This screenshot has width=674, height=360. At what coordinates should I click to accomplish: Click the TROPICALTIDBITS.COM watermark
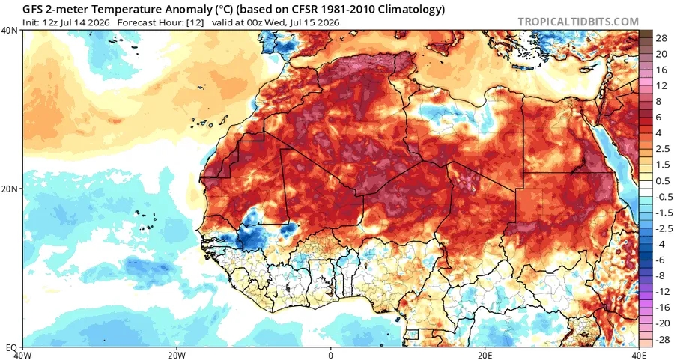pyautogui.click(x=578, y=22)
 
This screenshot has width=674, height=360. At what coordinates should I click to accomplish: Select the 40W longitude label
pyautogui.click(x=22, y=356)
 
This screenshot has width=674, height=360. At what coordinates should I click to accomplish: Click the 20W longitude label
pyautogui.click(x=177, y=356)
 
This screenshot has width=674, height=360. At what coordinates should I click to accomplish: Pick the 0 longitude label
pyautogui.click(x=330, y=356)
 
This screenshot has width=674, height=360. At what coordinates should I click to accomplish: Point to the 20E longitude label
pyautogui.click(x=485, y=356)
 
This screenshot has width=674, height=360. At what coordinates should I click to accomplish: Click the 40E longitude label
pyautogui.click(x=639, y=356)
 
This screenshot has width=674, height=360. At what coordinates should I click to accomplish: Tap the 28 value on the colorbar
pyautogui.click(x=661, y=38)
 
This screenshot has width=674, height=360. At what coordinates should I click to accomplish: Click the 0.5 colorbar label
pyautogui.click(x=663, y=181)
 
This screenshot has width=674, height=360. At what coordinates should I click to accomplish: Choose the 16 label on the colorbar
pyautogui.click(x=661, y=70)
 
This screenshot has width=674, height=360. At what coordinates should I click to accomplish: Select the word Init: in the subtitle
pyautogui.click(x=31, y=22)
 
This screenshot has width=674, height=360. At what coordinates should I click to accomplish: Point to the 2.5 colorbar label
pyautogui.click(x=663, y=149)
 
